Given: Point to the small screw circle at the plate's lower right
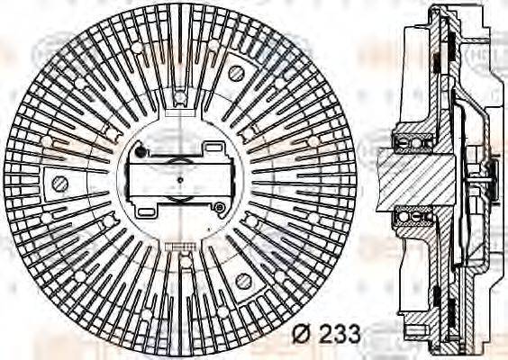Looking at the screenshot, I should (x=219, y=208).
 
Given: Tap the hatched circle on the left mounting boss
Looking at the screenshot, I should (x=60, y=184).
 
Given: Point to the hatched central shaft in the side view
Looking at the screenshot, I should (x=419, y=177).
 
